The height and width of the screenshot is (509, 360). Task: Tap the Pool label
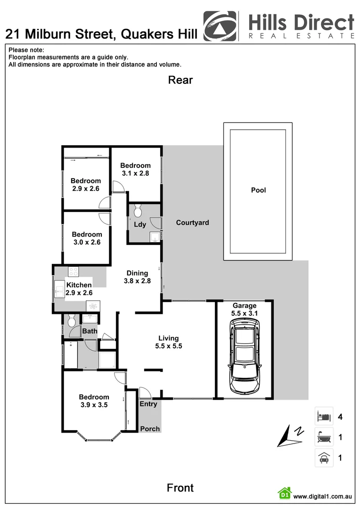point(258,190)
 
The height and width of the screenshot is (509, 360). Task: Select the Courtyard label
point(192,222)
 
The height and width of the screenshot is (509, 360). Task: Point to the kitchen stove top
point(73,271)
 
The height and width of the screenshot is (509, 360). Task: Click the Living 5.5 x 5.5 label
point(169,342)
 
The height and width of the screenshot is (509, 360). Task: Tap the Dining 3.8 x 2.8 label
point(137,277)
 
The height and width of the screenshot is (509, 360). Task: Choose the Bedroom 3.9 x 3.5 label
point(94,401)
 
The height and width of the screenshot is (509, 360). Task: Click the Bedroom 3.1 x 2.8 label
point(135,169)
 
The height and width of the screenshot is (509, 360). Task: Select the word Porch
point(150,429)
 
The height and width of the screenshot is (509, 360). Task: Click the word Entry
point(148,404)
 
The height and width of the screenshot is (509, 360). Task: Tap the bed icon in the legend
point(324,417)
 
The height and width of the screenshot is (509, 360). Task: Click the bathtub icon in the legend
point(324,437)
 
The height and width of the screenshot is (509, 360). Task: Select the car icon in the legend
point(324,458)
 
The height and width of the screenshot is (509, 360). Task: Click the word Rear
point(180,80)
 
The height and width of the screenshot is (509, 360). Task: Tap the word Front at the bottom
point(180,488)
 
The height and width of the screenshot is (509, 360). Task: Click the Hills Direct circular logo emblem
point(220,26)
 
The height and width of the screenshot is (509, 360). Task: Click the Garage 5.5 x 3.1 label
point(244,310)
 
